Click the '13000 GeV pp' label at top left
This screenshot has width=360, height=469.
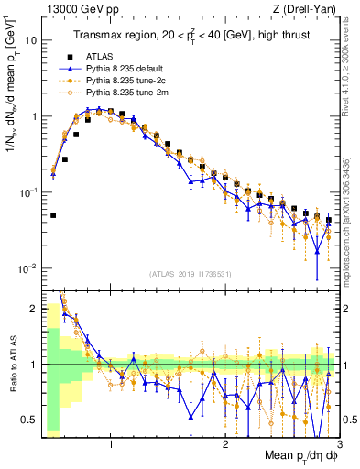[69, 8]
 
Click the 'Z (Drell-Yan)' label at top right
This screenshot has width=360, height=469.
[309, 8]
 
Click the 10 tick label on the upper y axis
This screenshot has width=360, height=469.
[30, 41]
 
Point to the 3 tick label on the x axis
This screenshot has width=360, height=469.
[338, 444]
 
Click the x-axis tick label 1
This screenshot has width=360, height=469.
[111, 444]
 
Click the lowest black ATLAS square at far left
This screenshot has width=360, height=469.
[53, 216]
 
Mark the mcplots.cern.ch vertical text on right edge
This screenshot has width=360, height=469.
[352, 229]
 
